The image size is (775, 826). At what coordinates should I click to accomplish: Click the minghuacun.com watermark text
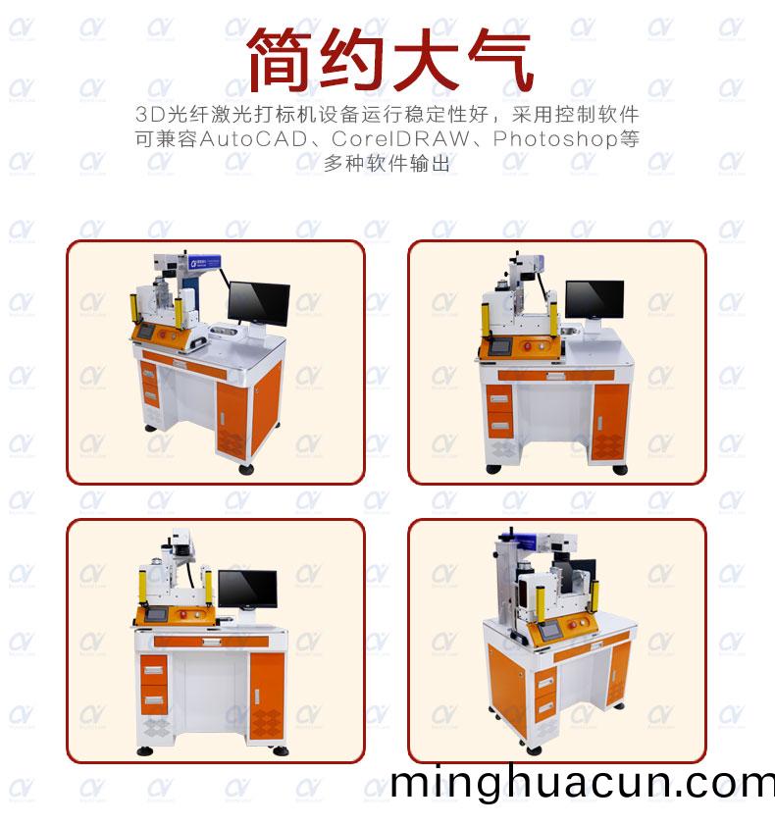pos(582,783)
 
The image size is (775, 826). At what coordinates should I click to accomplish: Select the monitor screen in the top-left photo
pos(259,303)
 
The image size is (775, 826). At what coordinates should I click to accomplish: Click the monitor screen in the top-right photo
pos(594,297)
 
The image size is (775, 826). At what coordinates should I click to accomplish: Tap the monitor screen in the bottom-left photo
pos(247,588)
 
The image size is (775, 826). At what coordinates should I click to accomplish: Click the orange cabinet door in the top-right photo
pos(610,420)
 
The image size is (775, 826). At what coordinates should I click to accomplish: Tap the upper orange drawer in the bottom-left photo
pos(152,672)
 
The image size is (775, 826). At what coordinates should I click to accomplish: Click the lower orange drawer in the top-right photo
pos(499,425)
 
